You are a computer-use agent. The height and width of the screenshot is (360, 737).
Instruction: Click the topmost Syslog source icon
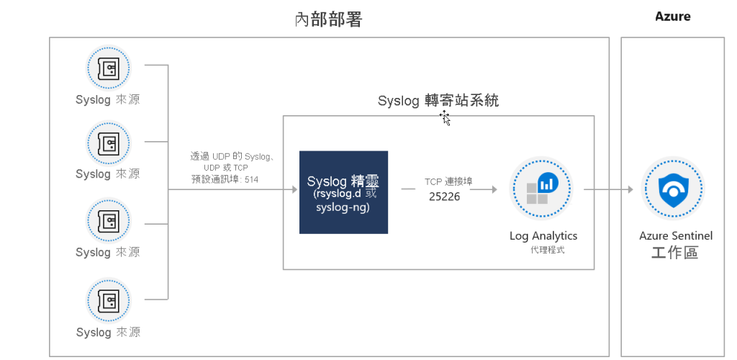click(108, 68)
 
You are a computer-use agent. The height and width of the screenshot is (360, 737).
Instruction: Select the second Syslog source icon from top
click(108, 143)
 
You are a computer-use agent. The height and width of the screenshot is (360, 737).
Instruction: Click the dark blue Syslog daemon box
click(343, 192)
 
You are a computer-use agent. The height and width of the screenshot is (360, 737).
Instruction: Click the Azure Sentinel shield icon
click(672, 189)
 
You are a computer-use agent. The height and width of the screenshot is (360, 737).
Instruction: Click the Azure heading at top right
click(672, 17)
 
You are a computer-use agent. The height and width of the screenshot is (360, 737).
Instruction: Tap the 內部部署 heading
click(328, 19)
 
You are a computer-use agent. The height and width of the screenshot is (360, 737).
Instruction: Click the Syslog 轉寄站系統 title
click(438, 102)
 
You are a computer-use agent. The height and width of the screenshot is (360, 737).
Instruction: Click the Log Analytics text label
click(543, 236)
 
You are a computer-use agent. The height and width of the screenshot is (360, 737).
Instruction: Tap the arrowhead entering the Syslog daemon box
click(293, 189)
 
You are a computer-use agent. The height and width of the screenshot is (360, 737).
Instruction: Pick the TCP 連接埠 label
click(448, 181)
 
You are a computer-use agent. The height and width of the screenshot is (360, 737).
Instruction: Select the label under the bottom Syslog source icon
click(108, 333)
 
